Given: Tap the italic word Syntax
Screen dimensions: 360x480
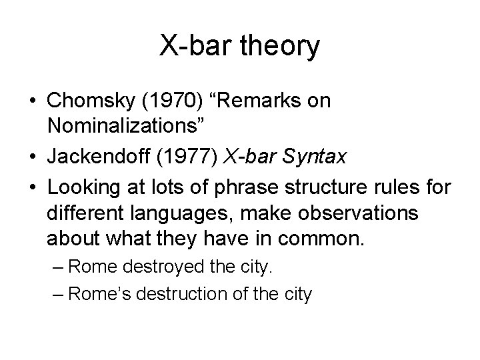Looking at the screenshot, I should pyautogui.click(x=318, y=157).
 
